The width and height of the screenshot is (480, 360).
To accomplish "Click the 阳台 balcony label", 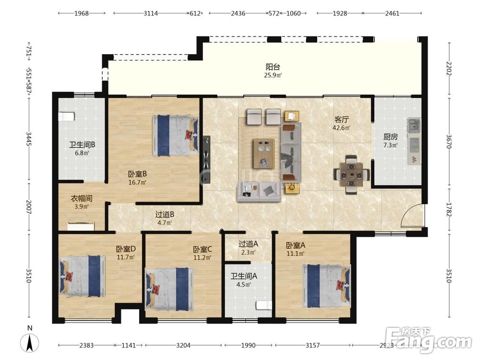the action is point(273,67).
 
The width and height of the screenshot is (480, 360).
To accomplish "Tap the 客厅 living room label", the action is point(341,119).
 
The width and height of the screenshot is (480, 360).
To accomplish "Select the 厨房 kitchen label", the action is point(391,136).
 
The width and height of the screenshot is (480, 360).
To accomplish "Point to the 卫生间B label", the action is point(82,144).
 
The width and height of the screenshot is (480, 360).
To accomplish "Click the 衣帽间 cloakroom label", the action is point(82,198).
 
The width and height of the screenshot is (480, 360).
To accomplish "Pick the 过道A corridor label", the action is point(248,244).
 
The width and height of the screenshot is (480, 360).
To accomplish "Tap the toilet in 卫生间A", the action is point(264,305).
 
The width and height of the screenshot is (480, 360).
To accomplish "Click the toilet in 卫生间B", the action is point(66,117).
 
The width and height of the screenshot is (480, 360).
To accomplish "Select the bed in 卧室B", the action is point(175,135).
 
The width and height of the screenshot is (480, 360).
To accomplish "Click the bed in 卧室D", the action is point(82,276).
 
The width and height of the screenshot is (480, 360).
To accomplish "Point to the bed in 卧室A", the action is point(326,286).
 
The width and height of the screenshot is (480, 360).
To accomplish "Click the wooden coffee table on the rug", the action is point(264,154).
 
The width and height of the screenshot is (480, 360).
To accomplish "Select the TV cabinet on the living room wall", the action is point(206,160).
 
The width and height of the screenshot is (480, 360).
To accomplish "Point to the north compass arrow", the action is point(30,343).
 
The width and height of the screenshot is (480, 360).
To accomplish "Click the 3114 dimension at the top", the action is point(151,13).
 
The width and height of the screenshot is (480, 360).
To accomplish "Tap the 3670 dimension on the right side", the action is point(449,142).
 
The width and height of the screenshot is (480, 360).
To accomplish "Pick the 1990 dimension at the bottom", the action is point(248,345).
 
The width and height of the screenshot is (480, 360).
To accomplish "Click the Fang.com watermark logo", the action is point(429,340).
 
